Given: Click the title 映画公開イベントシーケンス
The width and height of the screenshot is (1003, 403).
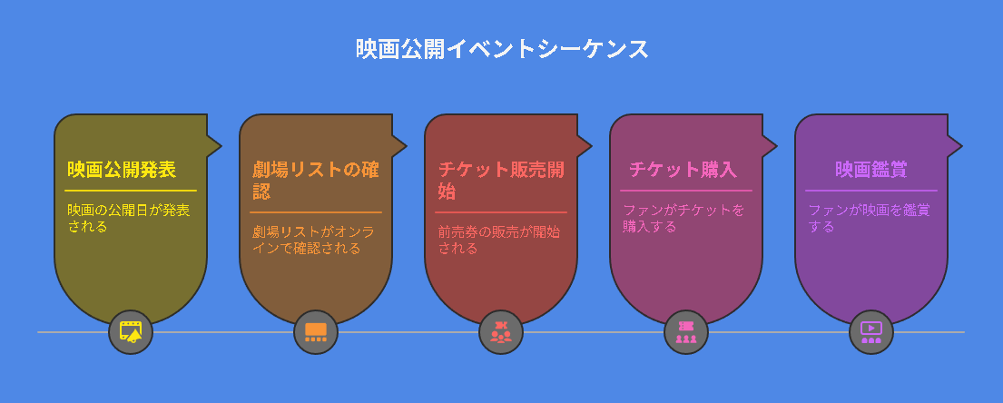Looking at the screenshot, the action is (x=502, y=49).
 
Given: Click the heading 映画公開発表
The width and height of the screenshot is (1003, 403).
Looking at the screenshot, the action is (x=123, y=170).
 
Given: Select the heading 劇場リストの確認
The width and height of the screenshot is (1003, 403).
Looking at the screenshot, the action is (x=315, y=181).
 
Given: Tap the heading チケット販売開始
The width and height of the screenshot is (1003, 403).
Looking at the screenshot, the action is (x=501, y=181).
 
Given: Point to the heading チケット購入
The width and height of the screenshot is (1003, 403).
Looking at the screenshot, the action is (x=683, y=170).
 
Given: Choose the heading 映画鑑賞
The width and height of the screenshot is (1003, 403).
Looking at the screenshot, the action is (x=870, y=170).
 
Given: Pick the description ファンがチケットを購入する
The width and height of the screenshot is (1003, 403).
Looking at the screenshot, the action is (x=683, y=218).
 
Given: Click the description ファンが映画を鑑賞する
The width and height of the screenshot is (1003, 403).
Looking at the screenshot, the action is (x=869, y=218).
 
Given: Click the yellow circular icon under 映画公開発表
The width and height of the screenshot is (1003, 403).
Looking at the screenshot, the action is (x=131, y=332).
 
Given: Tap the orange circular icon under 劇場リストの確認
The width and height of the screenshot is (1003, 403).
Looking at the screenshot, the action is (x=316, y=332).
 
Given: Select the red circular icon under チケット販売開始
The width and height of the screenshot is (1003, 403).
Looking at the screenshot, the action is (x=501, y=332).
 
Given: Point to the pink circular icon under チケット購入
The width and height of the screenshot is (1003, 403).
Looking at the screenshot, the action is (x=685, y=332).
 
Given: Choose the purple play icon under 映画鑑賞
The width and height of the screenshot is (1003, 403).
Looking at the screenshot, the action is (x=871, y=332).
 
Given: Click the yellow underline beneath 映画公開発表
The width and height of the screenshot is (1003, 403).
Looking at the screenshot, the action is (x=131, y=191).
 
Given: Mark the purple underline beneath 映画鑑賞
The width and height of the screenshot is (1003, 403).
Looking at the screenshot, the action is (x=871, y=191).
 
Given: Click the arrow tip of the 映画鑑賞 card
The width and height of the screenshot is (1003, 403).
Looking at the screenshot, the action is (x=962, y=146).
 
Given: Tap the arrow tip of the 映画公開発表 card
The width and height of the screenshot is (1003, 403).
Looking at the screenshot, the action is (x=221, y=146).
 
